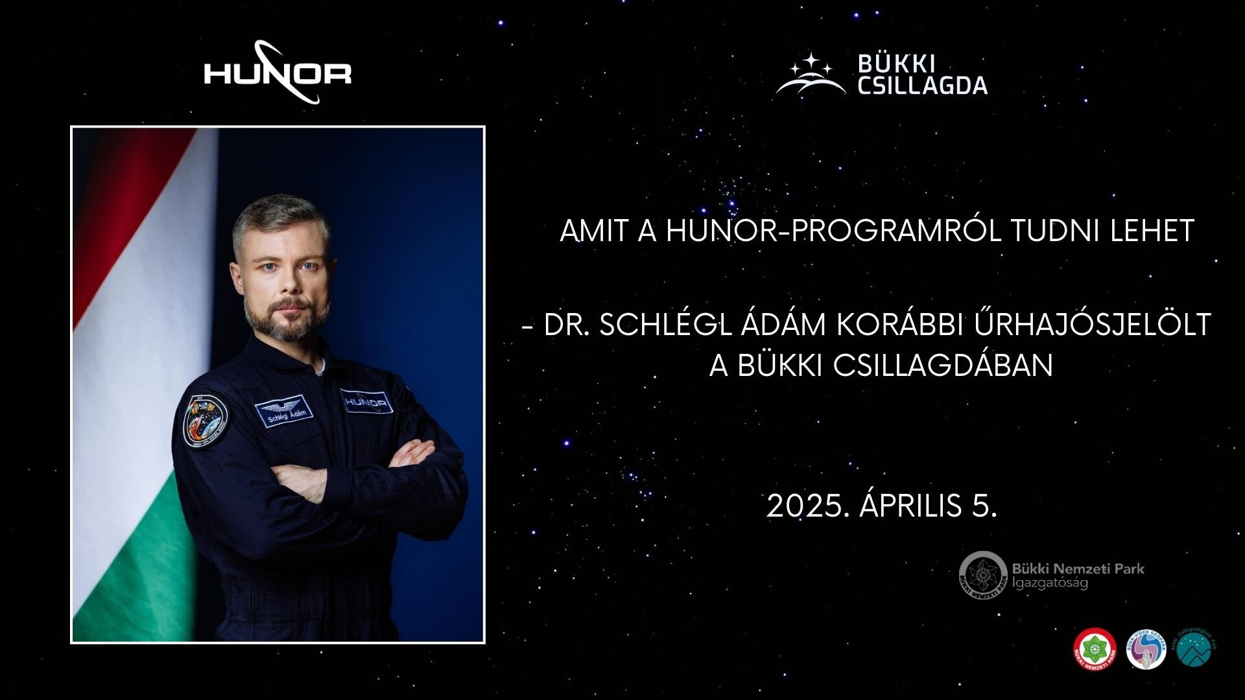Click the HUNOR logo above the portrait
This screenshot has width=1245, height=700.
[x=278, y=73]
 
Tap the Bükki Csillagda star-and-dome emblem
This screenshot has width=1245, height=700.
[x=811, y=75]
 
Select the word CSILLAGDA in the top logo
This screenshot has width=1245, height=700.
[x=922, y=86]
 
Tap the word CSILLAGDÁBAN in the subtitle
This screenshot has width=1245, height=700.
[x=943, y=366]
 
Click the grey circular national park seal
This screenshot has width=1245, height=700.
[x=983, y=576]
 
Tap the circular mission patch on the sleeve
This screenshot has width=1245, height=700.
[x=205, y=419]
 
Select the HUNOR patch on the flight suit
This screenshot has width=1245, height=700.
[x=366, y=402]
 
